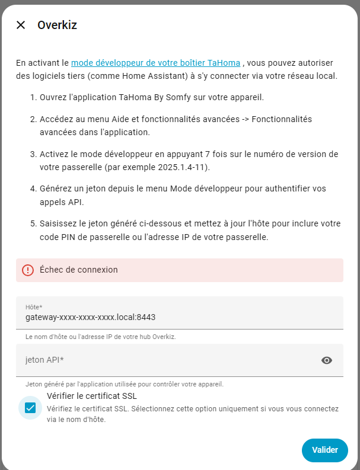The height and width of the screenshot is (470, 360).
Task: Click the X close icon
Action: click(21, 25)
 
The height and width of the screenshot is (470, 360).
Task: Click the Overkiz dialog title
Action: click(57, 25)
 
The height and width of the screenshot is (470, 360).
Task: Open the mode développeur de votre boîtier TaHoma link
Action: click(155, 63)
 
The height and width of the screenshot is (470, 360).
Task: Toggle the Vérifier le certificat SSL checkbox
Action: click(30, 408)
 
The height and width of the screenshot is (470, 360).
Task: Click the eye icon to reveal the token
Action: click(326, 360)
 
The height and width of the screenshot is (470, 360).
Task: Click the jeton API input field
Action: click(166, 360)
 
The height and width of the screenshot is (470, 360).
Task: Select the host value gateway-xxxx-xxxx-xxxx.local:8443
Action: click(90, 317)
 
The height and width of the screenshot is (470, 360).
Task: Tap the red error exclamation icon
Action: click(28, 270)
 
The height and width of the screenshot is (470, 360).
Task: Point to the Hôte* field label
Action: click(34, 307)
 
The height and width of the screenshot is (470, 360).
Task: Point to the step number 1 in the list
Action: click(33, 97)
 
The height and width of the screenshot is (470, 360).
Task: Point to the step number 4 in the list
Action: click(33, 188)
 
